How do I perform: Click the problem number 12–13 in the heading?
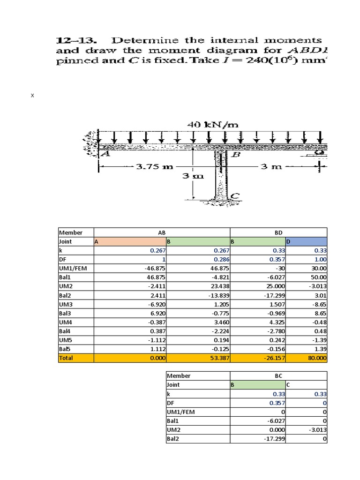coord(74,41)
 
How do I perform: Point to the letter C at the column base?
coord(236,195)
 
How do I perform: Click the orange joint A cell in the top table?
coord(130,241)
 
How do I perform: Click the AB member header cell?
coord(162,232)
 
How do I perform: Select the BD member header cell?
coord(278,232)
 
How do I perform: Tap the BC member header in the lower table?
coord(278,375)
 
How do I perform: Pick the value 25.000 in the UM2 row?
coord(275,286)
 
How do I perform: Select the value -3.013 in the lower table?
coord(316,429)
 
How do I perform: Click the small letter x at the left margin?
coord(32,96)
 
